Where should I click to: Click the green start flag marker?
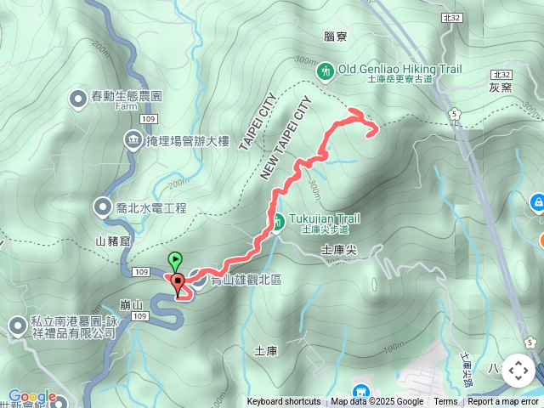tap(175, 260)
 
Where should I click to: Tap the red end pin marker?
tap(178, 283)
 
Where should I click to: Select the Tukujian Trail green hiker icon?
tap(278, 223)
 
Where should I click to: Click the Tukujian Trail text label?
tap(320, 218)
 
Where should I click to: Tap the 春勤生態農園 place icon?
tap(76, 97)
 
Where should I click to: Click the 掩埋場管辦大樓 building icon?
tap(133, 139)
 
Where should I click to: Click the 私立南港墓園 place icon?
tap(18, 326)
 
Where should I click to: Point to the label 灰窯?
tap(501, 88)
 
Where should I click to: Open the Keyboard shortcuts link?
tap(284, 402)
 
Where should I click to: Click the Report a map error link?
tap(503, 402)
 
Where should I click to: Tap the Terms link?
tap(445, 402)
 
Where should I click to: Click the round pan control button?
tap(518, 371)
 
